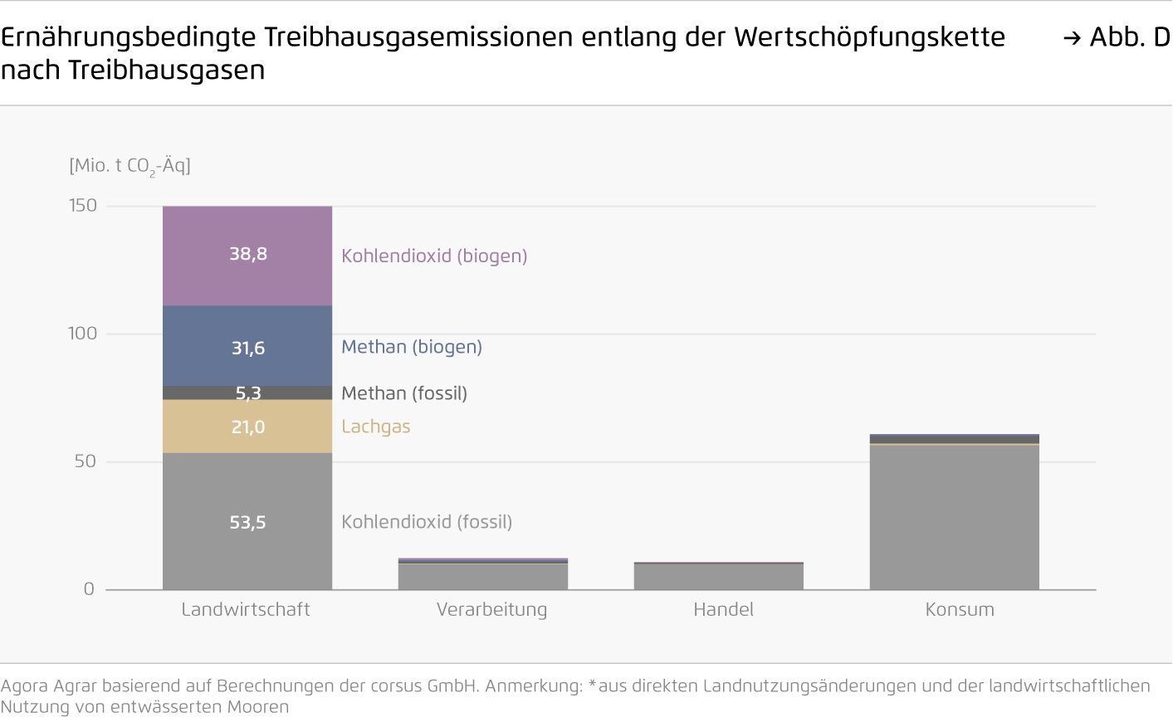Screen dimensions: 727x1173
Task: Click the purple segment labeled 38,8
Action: point(247,256)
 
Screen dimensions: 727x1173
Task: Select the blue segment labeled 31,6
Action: point(247,346)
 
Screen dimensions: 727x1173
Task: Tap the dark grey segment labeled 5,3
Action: point(247,393)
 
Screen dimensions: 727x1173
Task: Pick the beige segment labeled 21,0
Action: point(247,427)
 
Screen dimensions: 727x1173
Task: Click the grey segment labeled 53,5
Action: point(247,521)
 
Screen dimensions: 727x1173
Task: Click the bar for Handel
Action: point(719,577)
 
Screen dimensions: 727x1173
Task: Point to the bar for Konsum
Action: point(955,515)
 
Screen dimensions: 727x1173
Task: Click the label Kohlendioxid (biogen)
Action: point(434,256)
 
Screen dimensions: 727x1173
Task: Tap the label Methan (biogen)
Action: point(412,347)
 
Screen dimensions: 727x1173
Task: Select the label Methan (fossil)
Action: point(404,393)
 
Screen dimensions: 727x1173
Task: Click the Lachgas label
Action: point(376,427)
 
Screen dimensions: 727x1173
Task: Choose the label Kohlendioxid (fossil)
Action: point(427,522)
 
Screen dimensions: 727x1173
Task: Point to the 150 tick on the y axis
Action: point(83,206)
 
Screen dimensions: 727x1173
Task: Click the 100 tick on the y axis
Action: point(83,334)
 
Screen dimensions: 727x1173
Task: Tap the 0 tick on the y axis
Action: point(89,589)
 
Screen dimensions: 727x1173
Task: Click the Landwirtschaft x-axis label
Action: point(246,610)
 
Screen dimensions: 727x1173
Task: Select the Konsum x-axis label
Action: point(960,610)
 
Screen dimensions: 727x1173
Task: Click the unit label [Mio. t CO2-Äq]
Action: point(130,166)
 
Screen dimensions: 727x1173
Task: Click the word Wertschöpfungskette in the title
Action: point(869,37)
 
